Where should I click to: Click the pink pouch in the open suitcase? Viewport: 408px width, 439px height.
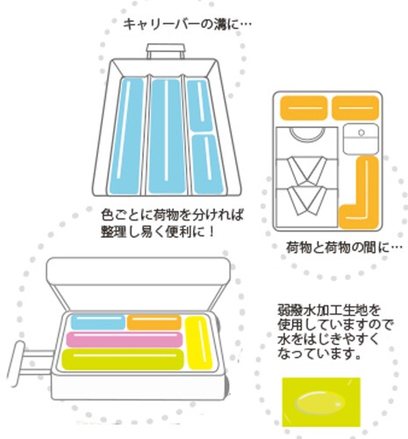click(125, 339)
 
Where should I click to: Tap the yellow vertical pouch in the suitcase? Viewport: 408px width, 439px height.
click(199, 342)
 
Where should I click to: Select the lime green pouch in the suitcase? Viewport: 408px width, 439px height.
click(122, 359)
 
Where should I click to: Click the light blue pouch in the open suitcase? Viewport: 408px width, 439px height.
click(98, 322)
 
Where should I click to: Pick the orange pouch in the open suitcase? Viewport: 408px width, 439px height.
click(154, 322)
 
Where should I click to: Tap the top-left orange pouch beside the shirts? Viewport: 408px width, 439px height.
click(304, 108)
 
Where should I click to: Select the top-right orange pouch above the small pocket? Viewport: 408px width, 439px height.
click(355, 108)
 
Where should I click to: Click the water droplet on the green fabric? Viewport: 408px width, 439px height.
click(319, 403)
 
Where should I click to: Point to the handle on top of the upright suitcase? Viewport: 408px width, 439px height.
click(166, 51)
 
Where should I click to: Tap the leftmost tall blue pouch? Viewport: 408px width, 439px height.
click(125, 136)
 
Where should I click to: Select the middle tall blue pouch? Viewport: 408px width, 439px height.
click(166, 136)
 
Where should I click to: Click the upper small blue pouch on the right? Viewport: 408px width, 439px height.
click(200, 105)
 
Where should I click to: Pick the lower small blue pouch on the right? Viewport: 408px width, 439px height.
click(208, 164)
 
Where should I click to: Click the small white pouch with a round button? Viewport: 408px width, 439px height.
click(361, 140)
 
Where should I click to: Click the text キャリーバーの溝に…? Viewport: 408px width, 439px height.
click(187, 25)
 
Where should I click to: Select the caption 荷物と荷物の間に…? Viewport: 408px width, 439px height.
click(344, 248)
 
